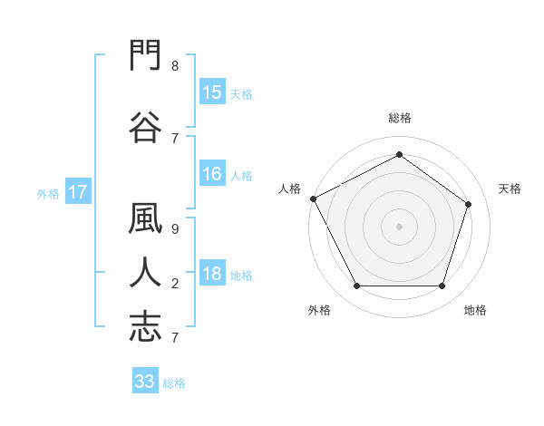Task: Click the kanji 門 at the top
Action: (x=145, y=54)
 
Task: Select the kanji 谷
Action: (x=145, y=127)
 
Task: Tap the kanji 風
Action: (x=145, y=218)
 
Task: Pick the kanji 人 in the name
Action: (x=145, y=272)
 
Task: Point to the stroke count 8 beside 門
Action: (x=175, y=66)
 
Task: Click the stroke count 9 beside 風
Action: (x=175, y=229)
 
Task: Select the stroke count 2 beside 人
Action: (x=175, y=284)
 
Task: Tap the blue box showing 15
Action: (x=212, y=92)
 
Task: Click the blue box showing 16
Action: (x=212, y=173)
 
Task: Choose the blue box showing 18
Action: (x=212, y=272)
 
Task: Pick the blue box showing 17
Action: (x=78, y=191)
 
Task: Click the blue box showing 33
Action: (x=145, y=380)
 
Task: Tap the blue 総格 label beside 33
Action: (x=174, y=383)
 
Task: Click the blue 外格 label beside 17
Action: (x=48, y=194)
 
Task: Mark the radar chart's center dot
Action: (x=399, y=227)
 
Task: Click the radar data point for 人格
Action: (x=314, y=198)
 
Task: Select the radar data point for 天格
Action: (x=468, y=204)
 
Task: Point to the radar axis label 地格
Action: (x=475, y=310)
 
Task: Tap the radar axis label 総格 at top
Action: (x=400, y=118)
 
